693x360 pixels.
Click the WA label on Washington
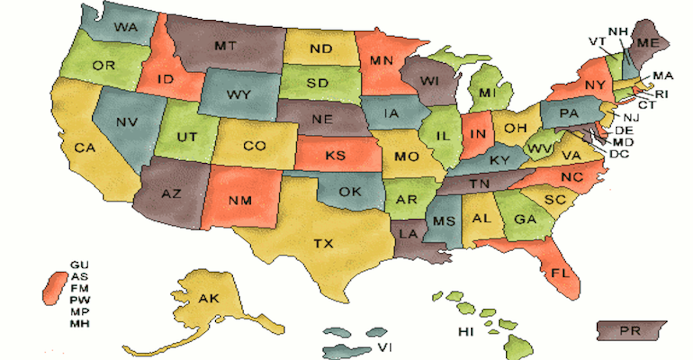(126, 27)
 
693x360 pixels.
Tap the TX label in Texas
(323, 243)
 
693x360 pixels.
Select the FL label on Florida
(560, 273)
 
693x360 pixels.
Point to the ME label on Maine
(648, 42)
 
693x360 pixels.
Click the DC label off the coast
(619, 154)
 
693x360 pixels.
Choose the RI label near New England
(661, 94)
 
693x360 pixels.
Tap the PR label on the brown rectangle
(630, 331)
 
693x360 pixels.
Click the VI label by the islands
(385, 347)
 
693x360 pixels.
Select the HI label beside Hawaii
(466, 332)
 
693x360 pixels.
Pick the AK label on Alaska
(209, 298)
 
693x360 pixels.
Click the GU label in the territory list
(79, 265)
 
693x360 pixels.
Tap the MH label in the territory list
(79, 323)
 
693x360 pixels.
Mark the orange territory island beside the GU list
(55, 288)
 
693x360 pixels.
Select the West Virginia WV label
(540, 149)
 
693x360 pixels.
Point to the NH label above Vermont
(618, 31)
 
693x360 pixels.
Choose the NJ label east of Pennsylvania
(631, 117)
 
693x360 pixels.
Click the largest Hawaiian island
(518, 347)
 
